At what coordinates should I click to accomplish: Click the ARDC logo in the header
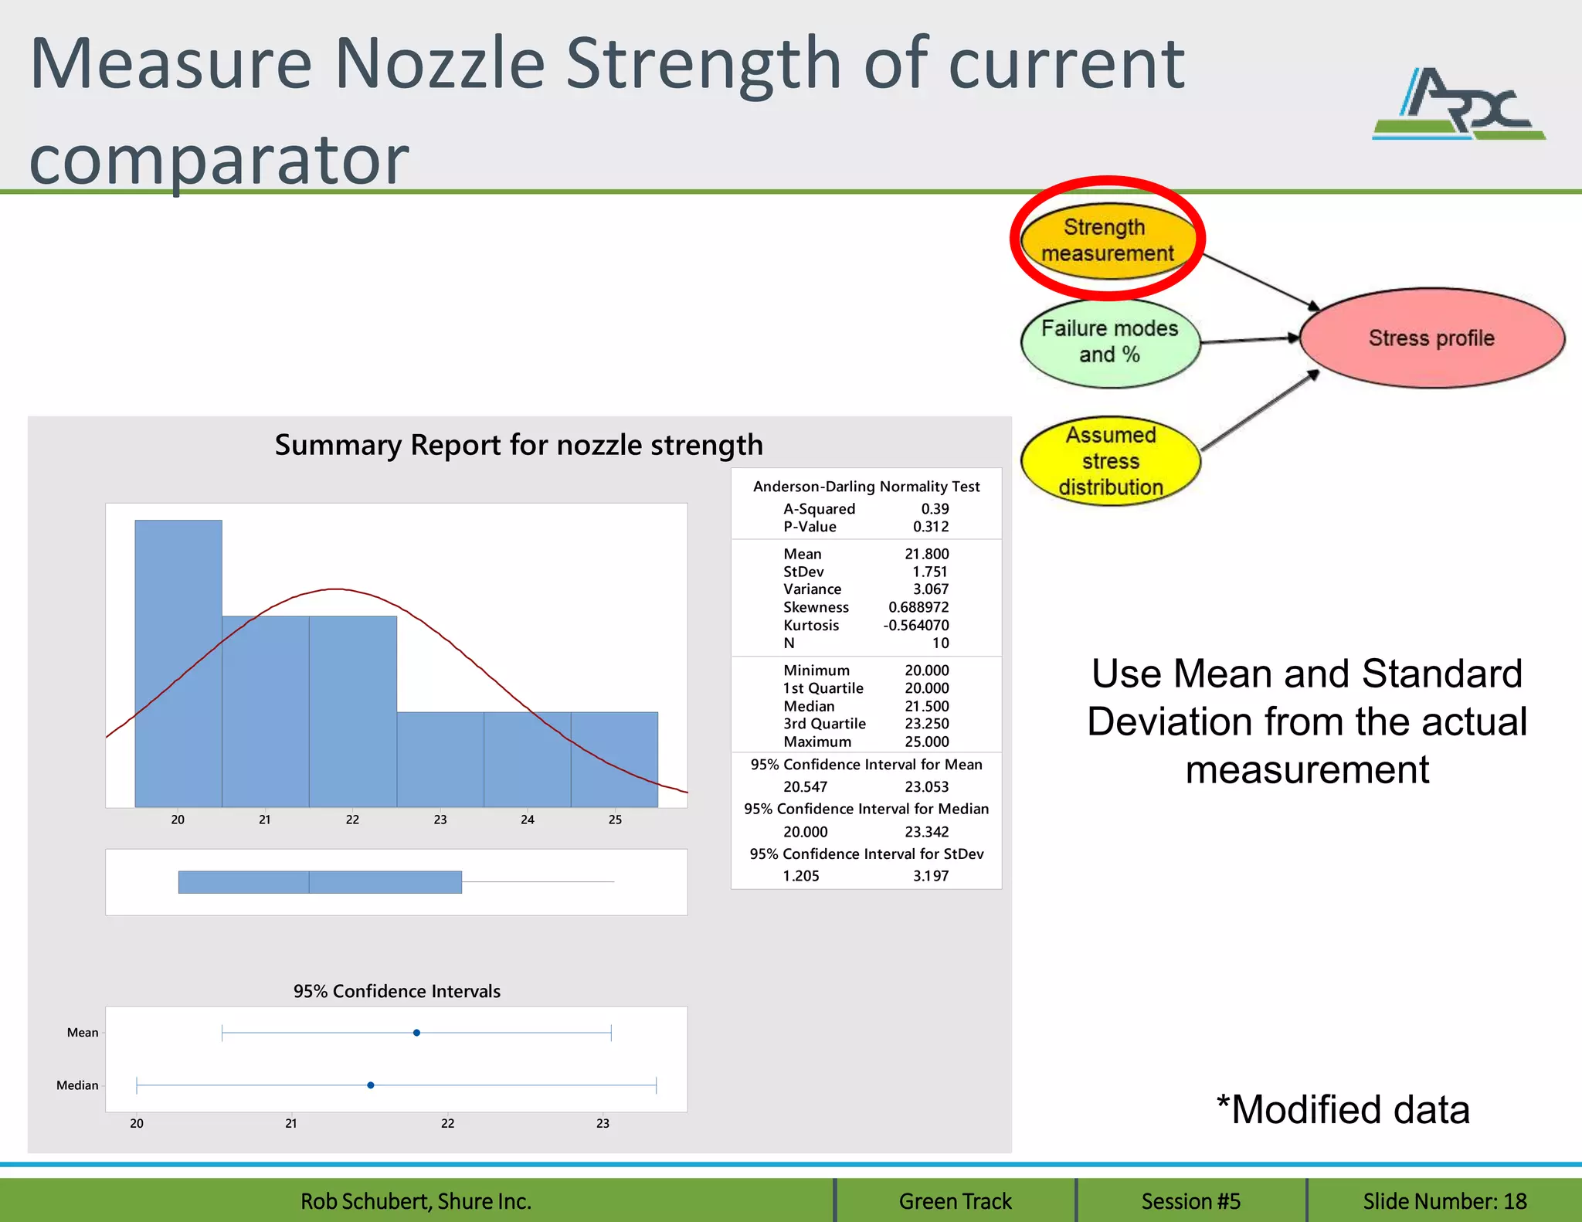pos(1458,104)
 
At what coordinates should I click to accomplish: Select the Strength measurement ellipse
pos(1108,240)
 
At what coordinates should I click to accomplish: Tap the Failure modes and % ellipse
pos(1110,341)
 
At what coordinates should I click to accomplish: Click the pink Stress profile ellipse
pos(1431,338)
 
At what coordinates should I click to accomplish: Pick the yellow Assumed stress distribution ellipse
pos(1110,461)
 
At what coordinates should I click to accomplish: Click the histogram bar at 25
pos(614,759)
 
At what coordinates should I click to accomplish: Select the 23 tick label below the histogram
pos(440,820)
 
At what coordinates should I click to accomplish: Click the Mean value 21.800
pos(926,554)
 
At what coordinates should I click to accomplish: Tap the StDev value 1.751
pos(929,572)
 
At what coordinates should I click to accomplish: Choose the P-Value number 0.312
pos(930,527)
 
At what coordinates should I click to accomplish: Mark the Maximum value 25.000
pos(926,742)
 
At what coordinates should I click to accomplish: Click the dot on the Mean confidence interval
pos(416,1033)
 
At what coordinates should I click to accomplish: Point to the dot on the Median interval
pos(371,1085)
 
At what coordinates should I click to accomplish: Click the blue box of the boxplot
pos(320,882)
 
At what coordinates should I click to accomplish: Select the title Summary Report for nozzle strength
pos(518,446)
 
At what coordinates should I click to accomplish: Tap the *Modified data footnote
pos(1343,1110)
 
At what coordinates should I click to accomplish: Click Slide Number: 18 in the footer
pos(1444,1201)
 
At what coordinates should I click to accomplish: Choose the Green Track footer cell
pos(955,1201)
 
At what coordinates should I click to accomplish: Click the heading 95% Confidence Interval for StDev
pos(866,854)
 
